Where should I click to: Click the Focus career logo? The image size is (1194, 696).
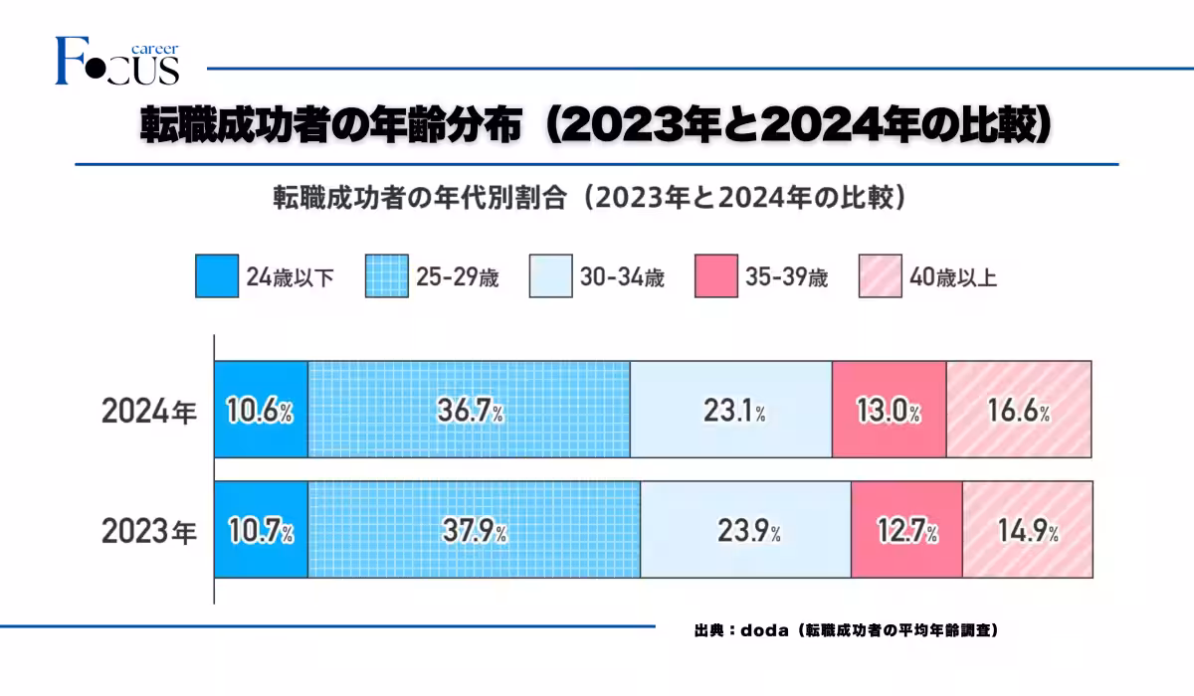[x=117, y=62]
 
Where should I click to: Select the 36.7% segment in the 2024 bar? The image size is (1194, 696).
[x=469, y=409]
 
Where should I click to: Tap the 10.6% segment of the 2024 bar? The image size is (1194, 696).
[x=261, y=409]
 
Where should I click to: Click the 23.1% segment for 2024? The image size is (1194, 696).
[x=731, y=409]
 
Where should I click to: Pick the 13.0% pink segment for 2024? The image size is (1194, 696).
[x=889, y=409]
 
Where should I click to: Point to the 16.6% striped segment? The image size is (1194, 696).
[x=1018, y=409]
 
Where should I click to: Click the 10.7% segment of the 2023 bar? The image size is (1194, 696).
[x=261, y=529]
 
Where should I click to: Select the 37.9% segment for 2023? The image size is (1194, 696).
[x=474, y=529]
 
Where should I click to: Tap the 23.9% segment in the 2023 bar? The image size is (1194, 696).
[x=745, y=529]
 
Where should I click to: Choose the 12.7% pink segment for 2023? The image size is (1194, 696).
[x=906, y=529]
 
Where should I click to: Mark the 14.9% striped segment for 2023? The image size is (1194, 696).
[x=1028, y=529]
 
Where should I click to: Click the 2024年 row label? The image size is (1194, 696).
[x=149, y=411]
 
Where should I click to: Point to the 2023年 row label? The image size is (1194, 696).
[x=149, y=531]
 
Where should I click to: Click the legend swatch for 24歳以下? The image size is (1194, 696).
[x=217, y=276]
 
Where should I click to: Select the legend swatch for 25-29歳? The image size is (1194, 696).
[x=387, y=276]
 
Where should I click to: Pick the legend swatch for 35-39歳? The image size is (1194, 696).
[x=715, y=276]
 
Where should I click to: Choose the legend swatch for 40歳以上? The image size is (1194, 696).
[x=879, y=276]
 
